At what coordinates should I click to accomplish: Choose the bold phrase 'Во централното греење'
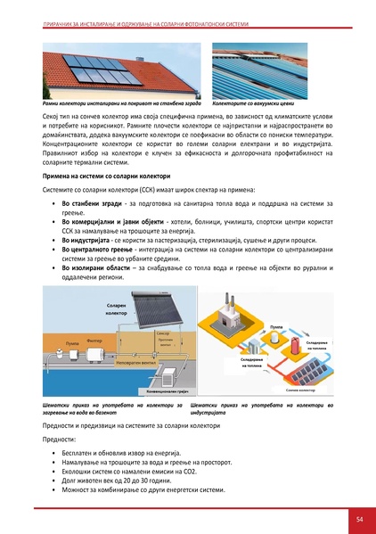coord(99,253)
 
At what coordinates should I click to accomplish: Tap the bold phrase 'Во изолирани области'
coord(97,277)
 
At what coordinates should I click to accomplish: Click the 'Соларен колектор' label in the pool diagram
coord(117,309)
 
